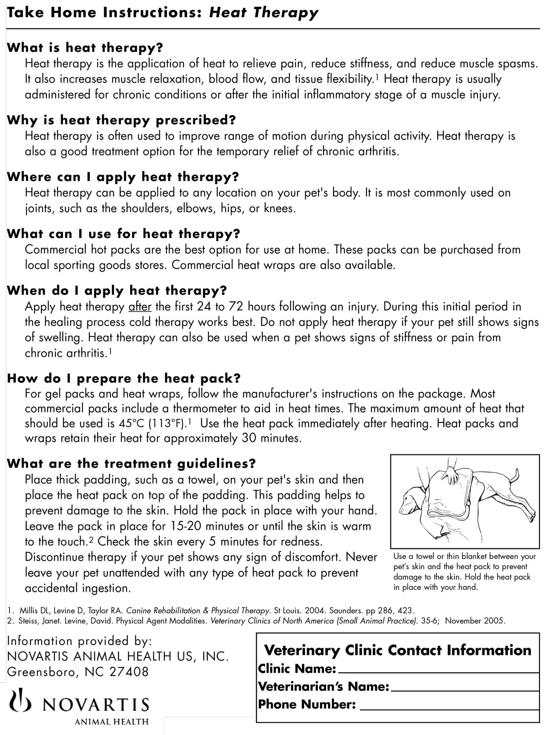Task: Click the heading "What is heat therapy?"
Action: [85, 48]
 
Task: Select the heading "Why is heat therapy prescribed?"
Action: [121, 120]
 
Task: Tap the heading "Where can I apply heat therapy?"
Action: [123, 177]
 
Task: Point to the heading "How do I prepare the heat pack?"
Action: [124, 378]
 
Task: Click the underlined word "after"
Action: [140, 307]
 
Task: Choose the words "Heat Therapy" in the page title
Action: [264, 13]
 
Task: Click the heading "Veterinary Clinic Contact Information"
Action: [398, 650]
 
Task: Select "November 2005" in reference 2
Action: [475, 621]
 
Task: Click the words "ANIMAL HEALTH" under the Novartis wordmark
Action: [111, 722]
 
